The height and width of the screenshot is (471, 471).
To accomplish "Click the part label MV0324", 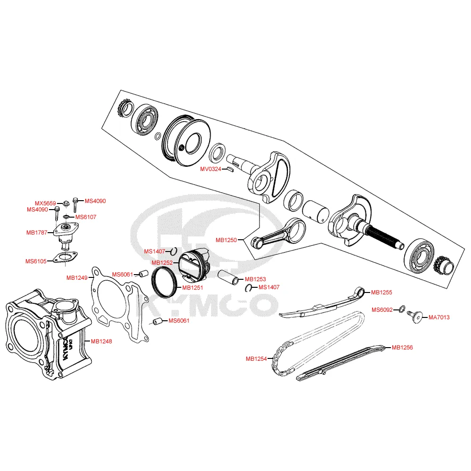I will (210, 169).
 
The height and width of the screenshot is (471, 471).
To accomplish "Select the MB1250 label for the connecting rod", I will (226, 240).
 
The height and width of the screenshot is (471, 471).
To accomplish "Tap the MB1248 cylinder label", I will (101, 341).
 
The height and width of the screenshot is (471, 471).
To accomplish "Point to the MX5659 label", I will (45, 203).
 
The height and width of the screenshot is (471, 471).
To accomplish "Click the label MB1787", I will (37, 232).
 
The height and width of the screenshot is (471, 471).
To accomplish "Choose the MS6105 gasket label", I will (37, 261).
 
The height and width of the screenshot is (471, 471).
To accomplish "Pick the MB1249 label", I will (77, 278).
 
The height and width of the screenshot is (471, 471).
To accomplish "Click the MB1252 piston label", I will (162, 262).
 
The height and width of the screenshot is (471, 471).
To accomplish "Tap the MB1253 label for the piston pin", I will (255, 279).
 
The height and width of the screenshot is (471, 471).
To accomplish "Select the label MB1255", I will (382, 292).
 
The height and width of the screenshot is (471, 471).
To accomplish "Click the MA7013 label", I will (439, 317).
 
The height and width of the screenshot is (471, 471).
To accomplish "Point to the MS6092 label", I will (382, 309).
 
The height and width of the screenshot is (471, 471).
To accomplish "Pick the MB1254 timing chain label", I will (256, 359).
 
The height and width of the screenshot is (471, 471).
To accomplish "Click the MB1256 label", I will (402, 348).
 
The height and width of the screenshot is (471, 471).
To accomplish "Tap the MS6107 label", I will (86, 217).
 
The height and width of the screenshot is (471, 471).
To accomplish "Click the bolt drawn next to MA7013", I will (414, 317).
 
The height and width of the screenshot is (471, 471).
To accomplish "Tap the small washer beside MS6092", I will (401, 309).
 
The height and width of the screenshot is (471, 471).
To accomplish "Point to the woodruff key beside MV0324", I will (230, 169).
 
